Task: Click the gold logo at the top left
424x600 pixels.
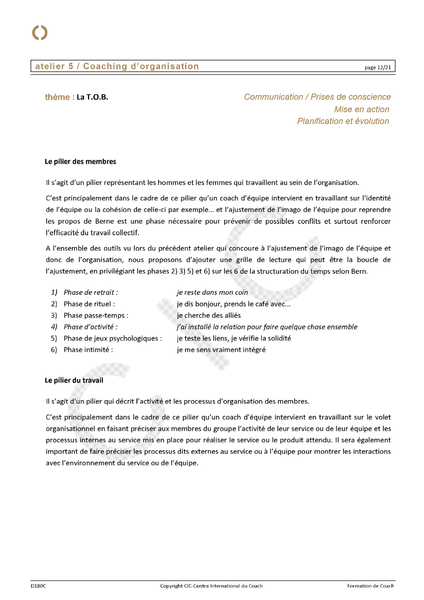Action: point(40,33)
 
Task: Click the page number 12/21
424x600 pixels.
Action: point(377,67)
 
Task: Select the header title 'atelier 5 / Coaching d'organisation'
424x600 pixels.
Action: point(117,66)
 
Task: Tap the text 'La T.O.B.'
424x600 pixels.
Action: point(92,97)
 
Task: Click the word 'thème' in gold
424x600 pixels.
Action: point(57,97)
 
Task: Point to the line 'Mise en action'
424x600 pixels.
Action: point(361,109)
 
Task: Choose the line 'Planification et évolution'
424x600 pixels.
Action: point(343,121)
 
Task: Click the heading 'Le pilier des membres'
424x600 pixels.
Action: point(81,161)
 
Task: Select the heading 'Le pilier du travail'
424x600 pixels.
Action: point(74,380)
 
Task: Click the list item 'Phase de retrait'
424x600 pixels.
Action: point(91,292)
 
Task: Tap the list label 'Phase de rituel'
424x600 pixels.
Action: point(89,304)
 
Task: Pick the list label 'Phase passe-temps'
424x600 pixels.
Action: point(96,316)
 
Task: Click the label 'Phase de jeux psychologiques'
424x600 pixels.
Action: point(113,338)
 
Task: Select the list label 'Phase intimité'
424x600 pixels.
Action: point(88,350)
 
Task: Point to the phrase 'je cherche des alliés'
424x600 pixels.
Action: point(209,316)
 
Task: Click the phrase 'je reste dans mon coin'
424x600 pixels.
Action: point(212,292)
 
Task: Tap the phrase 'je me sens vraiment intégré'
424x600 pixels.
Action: point(221,350)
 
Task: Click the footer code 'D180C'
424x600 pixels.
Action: point(38,586)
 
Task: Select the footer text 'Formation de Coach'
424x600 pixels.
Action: point(371,586)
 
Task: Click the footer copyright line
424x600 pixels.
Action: point(211,586)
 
